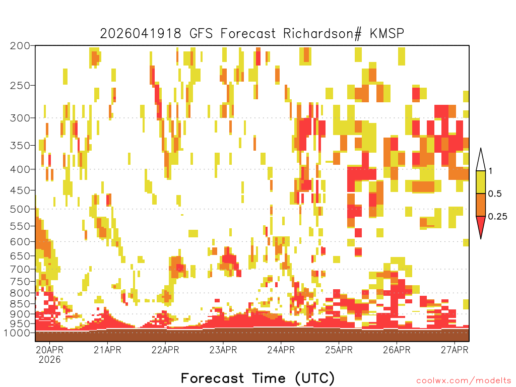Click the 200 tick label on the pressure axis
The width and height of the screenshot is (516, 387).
point(20,45)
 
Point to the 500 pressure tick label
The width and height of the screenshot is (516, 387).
point(20,209)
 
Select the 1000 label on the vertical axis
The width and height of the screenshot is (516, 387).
point(17,333)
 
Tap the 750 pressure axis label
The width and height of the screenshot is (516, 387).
point(20,281)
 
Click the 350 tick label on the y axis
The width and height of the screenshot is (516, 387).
point(20,145)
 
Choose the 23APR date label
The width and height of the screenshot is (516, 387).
point(223,350)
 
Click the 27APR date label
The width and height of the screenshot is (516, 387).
point(455,350)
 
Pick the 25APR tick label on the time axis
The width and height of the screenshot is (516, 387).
point(339,350)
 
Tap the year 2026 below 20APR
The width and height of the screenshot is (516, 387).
point(50,359)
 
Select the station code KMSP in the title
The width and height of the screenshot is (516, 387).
point(387,34)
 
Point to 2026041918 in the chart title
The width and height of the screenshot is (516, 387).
point(141,34)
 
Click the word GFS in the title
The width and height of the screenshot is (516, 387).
point(201,34)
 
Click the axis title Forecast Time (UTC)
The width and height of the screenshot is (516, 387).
point(257,378)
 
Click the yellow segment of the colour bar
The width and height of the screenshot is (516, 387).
point(481,182)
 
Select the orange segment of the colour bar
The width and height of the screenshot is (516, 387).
point(481,205)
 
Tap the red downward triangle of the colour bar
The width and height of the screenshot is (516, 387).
point(481,225)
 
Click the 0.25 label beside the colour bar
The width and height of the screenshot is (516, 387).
point(497,216)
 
